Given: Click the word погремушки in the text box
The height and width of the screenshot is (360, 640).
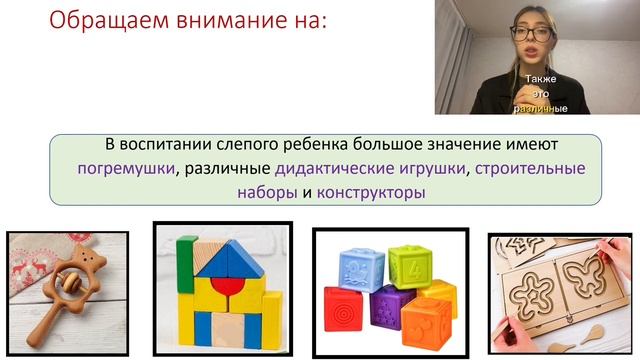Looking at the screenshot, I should [124, 168].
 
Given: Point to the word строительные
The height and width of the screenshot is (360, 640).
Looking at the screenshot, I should [530, 168].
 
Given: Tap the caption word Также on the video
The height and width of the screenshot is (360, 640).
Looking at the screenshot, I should [540, 79].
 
